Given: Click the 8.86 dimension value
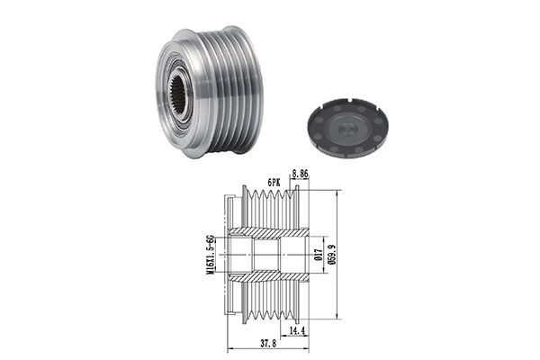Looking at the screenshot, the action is click(300, 174).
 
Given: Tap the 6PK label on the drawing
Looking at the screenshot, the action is click(274, 183).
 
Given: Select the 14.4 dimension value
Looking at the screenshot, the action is click(297, 331).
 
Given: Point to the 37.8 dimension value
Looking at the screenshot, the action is click(268, 344).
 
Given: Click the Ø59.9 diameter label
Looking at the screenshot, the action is click(332, 255).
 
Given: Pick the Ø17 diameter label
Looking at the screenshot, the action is click(319, 255).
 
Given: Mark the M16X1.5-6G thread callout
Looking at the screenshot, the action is click(210, 255).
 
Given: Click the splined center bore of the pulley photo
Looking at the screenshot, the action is click(178, 94).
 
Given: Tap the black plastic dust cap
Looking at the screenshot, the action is click(346, 128).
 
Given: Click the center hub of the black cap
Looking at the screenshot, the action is click(346, 129).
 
